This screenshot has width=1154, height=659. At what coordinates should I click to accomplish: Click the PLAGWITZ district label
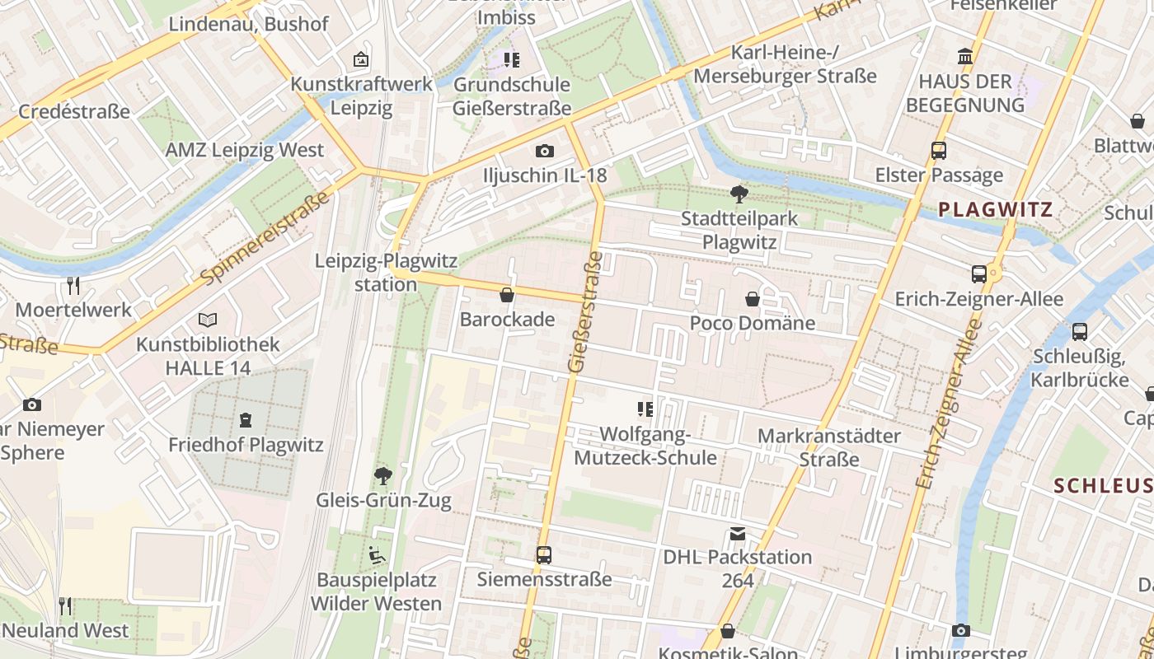click(x=996, y=209)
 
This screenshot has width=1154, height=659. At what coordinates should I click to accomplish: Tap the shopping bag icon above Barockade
click(x=507, y=295)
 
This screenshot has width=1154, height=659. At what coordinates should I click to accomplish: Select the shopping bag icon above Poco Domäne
click(x=753, y=299)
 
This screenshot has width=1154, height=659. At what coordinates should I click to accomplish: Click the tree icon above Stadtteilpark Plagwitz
click(x=739, y=194)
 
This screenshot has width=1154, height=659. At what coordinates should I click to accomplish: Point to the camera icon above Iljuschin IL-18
click(x=544, y=151)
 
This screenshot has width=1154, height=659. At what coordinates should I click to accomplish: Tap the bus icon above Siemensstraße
click(x=544, y=555)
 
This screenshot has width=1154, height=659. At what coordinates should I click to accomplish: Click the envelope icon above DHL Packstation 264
click(x=737, y=534)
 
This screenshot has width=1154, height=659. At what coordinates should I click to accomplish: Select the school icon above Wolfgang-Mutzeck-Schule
click(x=645, y=409)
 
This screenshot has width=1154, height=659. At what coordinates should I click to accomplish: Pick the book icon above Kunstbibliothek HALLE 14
click(x=208, y=320)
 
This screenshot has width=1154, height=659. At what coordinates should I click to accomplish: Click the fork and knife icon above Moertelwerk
click(x=73, y=286)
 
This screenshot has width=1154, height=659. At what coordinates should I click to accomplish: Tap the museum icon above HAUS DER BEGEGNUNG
click(x=964, y=57)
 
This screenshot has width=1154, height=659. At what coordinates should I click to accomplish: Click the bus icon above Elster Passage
click(x=938, y=151)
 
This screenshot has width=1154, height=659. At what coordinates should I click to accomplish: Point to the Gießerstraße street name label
click(x=585, y=312)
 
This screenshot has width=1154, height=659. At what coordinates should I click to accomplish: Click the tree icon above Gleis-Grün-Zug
click(x=382, y=475)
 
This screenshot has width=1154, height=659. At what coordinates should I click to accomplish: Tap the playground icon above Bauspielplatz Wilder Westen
click(x=377, y=555)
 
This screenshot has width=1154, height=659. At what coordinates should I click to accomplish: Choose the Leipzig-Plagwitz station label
click(x=385, y=273)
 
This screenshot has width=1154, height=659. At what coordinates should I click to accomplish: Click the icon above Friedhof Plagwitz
click(x=246, y=421)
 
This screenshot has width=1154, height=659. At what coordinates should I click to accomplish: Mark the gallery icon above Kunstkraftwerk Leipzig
click(x=360, y=59)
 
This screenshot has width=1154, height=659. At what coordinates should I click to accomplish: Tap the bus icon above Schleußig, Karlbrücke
click(x=1079, y=332)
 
